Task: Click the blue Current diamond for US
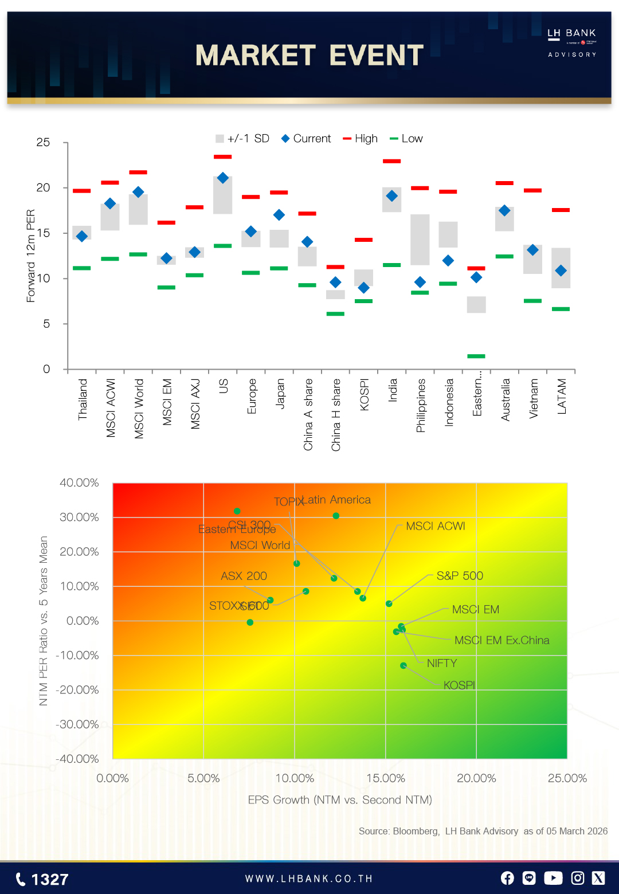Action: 223,178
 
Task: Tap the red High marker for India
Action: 391,161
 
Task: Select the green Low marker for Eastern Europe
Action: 476,356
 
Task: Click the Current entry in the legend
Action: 306,139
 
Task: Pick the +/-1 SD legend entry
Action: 242,139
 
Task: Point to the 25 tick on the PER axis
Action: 43,142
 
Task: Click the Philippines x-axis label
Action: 421,405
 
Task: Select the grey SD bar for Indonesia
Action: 448,234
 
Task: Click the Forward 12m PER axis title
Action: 31,256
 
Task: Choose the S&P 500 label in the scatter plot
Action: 460,575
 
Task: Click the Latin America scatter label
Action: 336,500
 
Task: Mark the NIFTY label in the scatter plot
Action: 442,663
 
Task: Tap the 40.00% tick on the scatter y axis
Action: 79,483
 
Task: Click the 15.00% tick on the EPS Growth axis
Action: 386,778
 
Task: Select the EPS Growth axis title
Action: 340,799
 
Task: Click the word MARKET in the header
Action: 255,56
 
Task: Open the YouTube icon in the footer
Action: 553,878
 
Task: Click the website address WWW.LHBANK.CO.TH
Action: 309,879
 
